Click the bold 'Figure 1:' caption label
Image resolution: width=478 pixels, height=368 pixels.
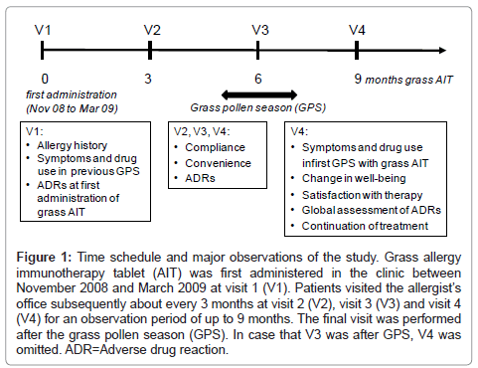click(54, 257)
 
